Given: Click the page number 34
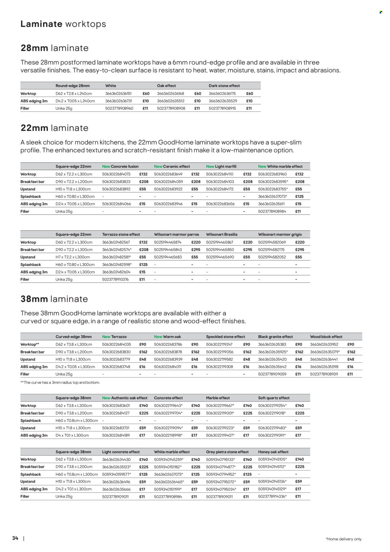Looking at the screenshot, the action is (15, 538).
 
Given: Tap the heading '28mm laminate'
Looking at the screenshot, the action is (55, 48).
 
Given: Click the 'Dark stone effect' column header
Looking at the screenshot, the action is (224, 86).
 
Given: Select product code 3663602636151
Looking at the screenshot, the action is (119, 93).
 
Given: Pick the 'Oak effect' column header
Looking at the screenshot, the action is (166, 86).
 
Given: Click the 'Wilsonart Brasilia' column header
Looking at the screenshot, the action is (222, 234).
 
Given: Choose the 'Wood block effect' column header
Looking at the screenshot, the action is (326, 337).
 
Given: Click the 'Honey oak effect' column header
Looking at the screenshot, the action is (273, 452).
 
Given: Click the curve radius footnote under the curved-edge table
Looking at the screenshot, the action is (60, 382).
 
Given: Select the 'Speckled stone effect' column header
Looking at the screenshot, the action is (226, 337).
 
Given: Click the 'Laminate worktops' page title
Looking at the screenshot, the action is (63, 24).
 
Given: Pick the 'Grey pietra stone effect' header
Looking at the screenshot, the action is (227, 452).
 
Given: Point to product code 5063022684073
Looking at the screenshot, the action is (116, 174).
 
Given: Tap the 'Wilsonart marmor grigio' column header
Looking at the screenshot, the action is (280, 234).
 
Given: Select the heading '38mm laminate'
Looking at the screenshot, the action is (54, 299).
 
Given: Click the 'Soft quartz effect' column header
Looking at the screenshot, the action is (274, 398).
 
